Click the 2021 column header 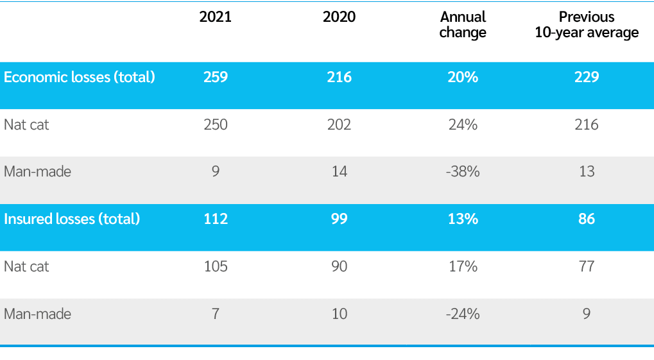click(215, 17)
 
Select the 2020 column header click(339, 17)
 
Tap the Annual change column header click(463, 25)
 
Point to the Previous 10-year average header click(587, 25)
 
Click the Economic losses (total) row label click(80, 78)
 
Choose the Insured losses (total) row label click(72, 219)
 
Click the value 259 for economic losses click(215, 78)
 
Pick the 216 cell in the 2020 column click(339, 78)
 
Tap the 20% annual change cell click(463, 78)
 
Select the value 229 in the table click(587, 78)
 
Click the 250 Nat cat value click(215, 124)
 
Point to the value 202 click(339, 124)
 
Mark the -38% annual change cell click(463, 172)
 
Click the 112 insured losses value click(215, 219)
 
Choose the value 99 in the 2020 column click(339, 219)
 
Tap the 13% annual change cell click(463, 219)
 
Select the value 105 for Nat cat click(215, 266)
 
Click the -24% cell click(463, 314)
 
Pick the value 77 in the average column click(587, 266)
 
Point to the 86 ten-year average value click(587, 219)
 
